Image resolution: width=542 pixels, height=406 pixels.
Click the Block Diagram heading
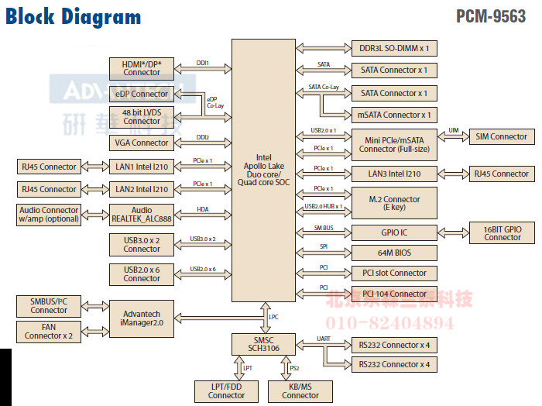click(x=74, y=17)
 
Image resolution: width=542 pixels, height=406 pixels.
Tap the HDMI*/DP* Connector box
click(x=142, y=68)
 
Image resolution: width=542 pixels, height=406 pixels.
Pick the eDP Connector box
click(x=141, y=94)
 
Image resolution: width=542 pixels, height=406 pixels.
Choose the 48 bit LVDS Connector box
click(x=142, y=117)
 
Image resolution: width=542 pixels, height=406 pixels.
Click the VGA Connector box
click(x=142, y=143)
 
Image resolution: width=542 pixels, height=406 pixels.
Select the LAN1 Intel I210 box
click(x=142, y=167)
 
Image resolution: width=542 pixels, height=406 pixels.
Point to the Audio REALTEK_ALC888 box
click(x=142, y=215)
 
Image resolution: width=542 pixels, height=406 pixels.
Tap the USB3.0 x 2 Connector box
click(x=142, y=244)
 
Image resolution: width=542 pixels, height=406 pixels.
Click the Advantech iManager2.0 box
click(x=142, y=318)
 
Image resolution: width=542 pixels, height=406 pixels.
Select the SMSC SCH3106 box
click(x=264, y=343)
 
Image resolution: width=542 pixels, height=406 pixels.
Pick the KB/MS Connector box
click(x=300, y=391)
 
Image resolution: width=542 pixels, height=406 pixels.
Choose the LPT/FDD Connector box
click(x=226, y=391)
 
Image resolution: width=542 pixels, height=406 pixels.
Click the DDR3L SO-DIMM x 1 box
click(x=394, y=48)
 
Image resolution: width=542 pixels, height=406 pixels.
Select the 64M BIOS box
click(x=394, y=253)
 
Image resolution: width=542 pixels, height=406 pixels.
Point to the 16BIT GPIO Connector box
click(x=503, y=232)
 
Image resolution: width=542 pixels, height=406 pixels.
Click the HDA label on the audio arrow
click(x=204, y=209)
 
